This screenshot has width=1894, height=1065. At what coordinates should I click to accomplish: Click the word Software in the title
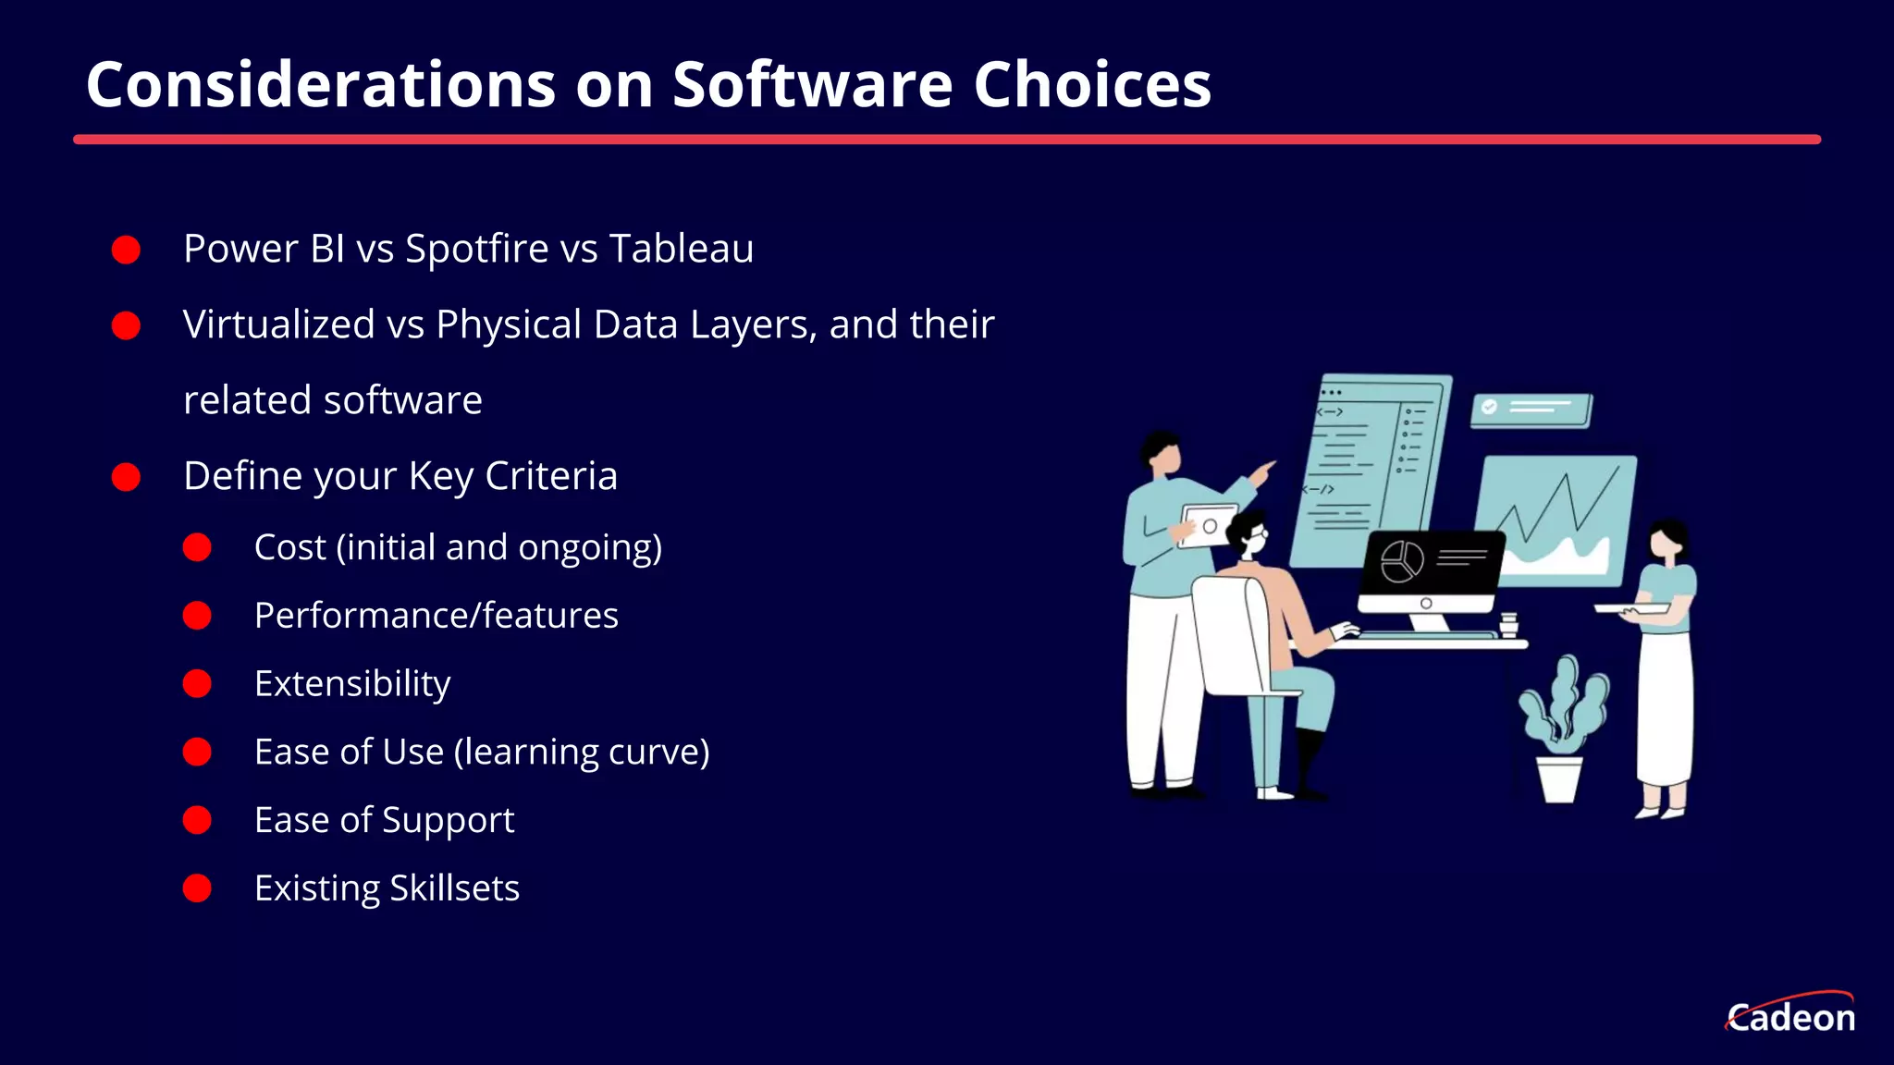tap(812, 85)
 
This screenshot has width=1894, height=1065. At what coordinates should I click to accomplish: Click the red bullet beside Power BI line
tap(126, 250)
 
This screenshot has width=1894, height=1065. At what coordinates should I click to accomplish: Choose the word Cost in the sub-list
tap(289, 547)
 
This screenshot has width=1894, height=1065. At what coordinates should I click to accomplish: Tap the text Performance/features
tap(436, 616)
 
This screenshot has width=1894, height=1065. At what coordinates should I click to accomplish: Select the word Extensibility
tap(352, 684)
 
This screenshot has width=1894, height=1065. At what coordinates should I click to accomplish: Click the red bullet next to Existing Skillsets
tap(197, 888)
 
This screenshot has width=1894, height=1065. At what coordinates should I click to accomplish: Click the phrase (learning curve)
tap(582, 752)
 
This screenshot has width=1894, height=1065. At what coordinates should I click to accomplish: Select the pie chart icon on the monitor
tap(1402, 560)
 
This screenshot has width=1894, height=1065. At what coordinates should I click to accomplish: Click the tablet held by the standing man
tap(1208, 525)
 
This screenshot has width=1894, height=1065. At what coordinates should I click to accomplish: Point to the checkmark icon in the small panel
tap(1489, 407)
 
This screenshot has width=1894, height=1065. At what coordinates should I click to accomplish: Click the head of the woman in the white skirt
tap(1667, 540)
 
